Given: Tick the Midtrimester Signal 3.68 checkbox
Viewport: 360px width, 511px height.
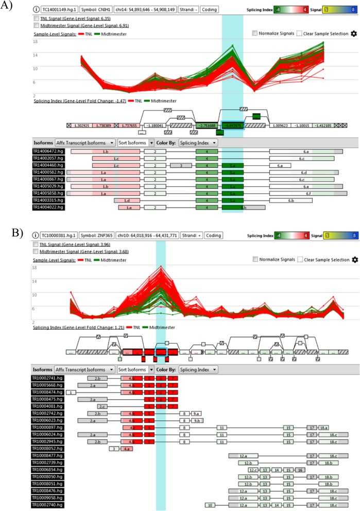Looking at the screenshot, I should tap(36, 251).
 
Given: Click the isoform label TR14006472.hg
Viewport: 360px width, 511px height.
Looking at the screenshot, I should tap(49, 152).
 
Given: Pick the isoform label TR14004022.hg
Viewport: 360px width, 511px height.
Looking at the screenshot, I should tap(49, 207).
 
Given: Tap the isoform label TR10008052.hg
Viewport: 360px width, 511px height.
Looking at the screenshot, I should tap(49, 449).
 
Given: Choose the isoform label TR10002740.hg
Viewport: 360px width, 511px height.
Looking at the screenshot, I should tap(49, 504).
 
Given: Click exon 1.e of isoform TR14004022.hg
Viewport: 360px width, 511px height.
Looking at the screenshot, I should tap(126, 207).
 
